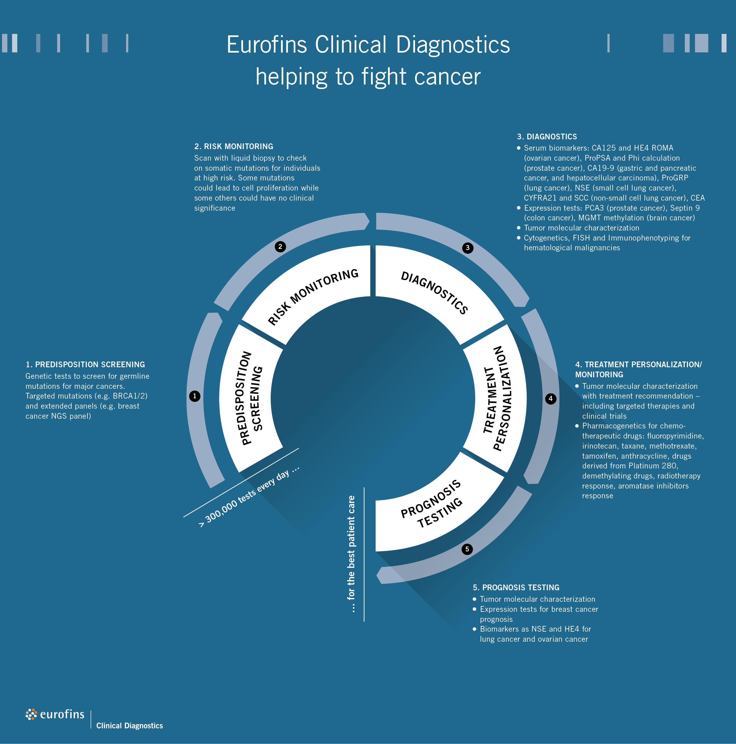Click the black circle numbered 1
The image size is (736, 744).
[x=195, y=396]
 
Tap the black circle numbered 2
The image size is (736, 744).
[x=280, y=247]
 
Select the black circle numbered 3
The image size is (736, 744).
[x=467, y=248]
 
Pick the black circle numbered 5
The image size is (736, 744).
[x=467, y=549]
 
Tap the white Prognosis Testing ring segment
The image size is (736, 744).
[x=435, y=508]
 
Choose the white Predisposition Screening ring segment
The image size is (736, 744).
[x=251, y=398]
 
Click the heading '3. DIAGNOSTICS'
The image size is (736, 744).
[x=547, y=137]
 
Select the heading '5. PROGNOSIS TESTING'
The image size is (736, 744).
[x=516, y=588]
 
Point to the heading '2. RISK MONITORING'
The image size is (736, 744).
[x=234, y=146]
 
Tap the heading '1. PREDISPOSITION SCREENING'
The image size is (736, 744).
[x=85, y=364]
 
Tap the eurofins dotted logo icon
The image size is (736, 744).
[x=32, y=714]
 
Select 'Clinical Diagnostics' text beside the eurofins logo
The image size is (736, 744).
[x=129, y=726]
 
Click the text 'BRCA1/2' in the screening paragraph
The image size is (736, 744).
[x=130, y=396]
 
